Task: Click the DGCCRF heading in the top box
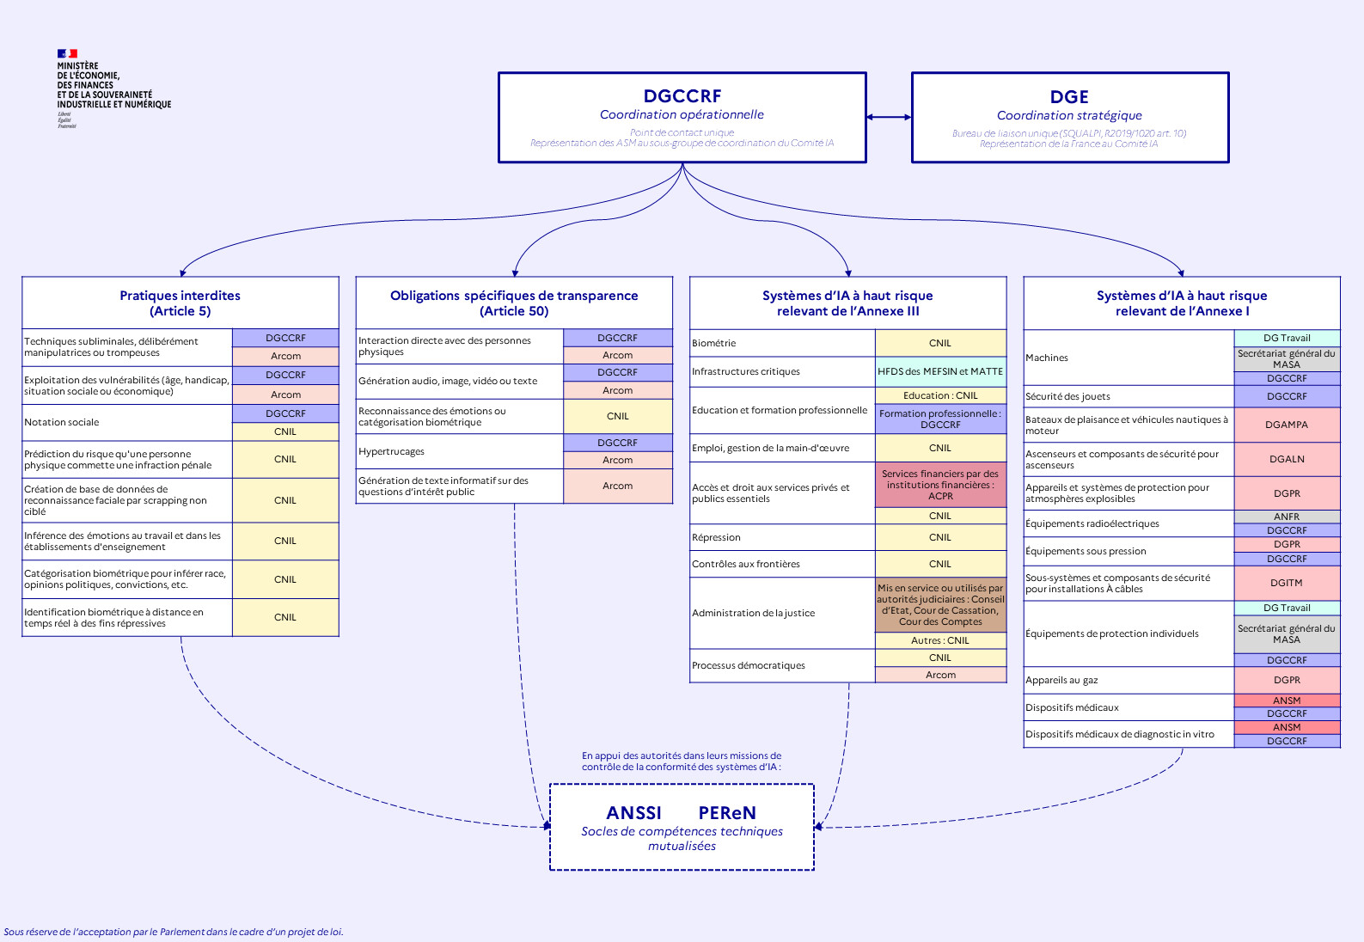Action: tap(682, 96)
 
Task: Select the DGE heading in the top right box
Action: tap(1069, 97)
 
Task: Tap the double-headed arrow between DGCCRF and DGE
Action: tap(889, 117)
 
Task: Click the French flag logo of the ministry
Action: tap(67, 54)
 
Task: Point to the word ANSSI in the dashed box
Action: tap(633, 813)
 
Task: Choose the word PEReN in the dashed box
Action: tap(727, 813)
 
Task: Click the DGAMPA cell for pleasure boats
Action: tap(1287, 425)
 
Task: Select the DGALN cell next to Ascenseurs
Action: tap(1287, 459)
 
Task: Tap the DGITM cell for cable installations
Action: tap(1287, 583)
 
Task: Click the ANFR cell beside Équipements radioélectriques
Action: tap(1287, 517)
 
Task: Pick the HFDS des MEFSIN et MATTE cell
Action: tap(940, 371)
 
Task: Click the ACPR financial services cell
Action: tap(940, 485)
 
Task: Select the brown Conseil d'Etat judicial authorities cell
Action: tap(940, 605)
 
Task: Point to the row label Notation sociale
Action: tap(62, 422)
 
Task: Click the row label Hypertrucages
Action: tap(391, 451)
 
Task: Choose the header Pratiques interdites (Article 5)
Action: tap(180, 303)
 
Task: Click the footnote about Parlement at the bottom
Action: tap(174, 932)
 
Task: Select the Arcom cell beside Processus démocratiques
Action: tap(940, 675)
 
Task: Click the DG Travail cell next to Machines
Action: tap(1287, 338)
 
